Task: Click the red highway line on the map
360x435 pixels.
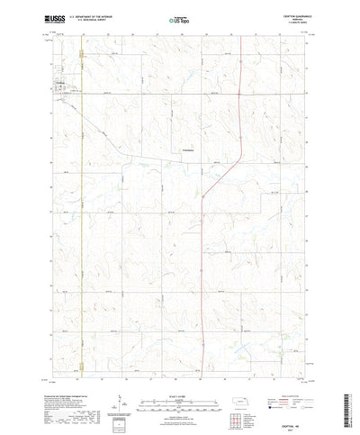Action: (204, 225)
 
